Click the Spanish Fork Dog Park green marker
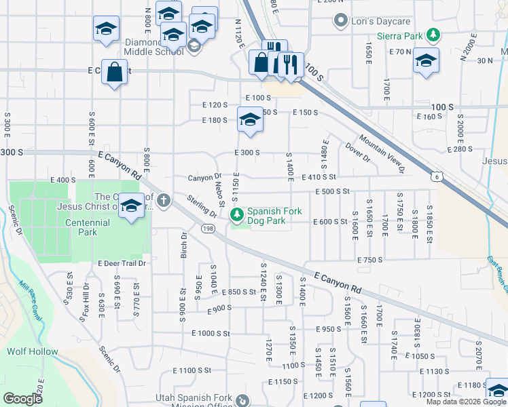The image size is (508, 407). pos(237,216)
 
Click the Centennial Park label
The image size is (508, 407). pos(86,227)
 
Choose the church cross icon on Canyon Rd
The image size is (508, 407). pos(163,200)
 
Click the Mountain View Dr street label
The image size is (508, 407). pos(382,153)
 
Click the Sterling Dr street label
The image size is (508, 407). pos(202,206)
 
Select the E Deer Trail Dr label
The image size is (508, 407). pos(122,263)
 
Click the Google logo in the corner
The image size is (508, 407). pos(22,399)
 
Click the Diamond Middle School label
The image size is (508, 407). pos(153,46)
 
